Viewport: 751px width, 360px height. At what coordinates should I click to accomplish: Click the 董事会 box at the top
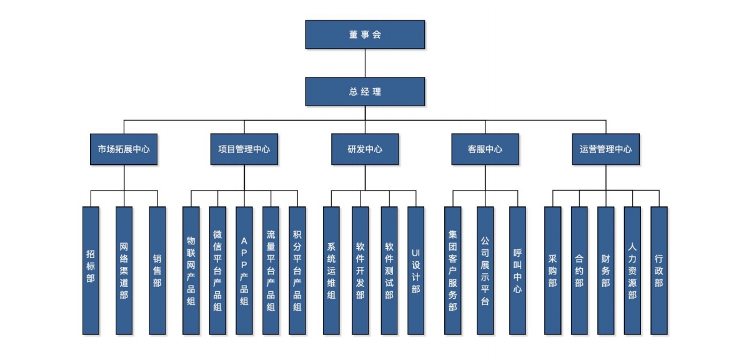click(365, 34)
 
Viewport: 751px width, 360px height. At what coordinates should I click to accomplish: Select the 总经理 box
click(365, 91)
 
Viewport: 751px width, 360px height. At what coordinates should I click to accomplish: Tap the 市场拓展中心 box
click(124, 149)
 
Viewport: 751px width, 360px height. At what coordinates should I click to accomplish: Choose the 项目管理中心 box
click(244, 149)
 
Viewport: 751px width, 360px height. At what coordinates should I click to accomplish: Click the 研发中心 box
click(365, 149)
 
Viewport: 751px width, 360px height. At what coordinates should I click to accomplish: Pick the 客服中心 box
click(485, 149)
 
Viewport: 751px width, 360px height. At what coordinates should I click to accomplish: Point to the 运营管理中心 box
click(605, 149)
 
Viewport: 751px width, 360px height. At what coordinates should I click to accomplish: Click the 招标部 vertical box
click(91, 270)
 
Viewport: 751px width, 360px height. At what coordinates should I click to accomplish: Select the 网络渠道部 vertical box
click(124, 270)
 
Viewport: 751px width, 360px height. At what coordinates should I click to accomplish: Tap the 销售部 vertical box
click(157, 270)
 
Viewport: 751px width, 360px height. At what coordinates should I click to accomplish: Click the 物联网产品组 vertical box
click(191, 270)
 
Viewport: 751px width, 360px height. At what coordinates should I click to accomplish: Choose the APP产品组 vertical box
click(244, 270)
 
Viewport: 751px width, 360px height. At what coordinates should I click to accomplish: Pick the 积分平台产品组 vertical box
click(297, 270)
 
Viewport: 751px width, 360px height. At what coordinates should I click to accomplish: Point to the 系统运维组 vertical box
click(331, 270)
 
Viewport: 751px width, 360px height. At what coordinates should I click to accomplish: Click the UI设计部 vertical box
click(416, 270)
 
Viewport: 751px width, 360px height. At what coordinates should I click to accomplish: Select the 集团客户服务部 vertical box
click(452, 270)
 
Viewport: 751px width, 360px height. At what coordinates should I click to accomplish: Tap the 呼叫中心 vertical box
click(517, 270)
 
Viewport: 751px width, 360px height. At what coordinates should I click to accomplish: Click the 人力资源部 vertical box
click(632, 270)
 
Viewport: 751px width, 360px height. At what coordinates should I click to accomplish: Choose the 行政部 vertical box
click(659, 270)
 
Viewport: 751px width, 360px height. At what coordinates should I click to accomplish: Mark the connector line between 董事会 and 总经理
click(365, 62)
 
